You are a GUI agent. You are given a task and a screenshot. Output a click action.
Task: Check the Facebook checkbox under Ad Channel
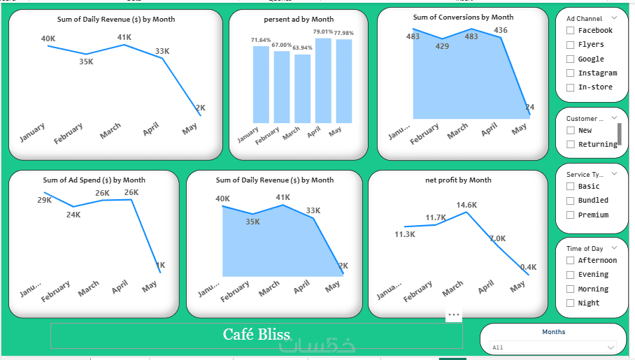(571, 31)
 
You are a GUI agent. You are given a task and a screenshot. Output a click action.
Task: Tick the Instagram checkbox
(571, 73)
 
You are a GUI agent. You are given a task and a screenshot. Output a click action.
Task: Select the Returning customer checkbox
(571, 145)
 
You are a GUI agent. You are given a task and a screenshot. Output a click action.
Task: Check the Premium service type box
(571, 215)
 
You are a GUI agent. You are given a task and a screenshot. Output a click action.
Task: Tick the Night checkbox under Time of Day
(571, 303)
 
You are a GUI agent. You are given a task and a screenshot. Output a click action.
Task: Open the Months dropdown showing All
(552, 347)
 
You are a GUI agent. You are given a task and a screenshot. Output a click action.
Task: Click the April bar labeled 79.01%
(323, 80)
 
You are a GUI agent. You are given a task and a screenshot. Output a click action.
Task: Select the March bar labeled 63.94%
(302, 88)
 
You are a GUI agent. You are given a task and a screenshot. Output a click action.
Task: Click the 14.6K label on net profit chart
(466, 205)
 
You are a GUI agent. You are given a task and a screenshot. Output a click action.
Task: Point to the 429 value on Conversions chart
(442, 46)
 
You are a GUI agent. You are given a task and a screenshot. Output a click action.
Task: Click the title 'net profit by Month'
(458, 180)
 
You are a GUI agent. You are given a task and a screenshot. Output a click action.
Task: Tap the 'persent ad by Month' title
(299, 20)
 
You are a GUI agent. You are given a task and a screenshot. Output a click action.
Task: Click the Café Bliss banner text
(257, 335)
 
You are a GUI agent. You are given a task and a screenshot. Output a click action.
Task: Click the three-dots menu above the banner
(454, 315)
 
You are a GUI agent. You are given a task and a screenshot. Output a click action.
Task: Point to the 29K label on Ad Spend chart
(45, 200)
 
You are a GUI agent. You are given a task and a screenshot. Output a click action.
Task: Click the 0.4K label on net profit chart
(528, 267)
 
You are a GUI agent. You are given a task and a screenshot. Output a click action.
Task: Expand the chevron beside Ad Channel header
(614, 18)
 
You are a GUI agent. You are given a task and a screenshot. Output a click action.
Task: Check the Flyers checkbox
(571, 45)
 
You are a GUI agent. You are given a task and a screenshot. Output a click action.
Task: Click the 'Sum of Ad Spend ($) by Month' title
(94, 180)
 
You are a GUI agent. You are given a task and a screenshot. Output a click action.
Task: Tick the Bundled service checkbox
(571, 201)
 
